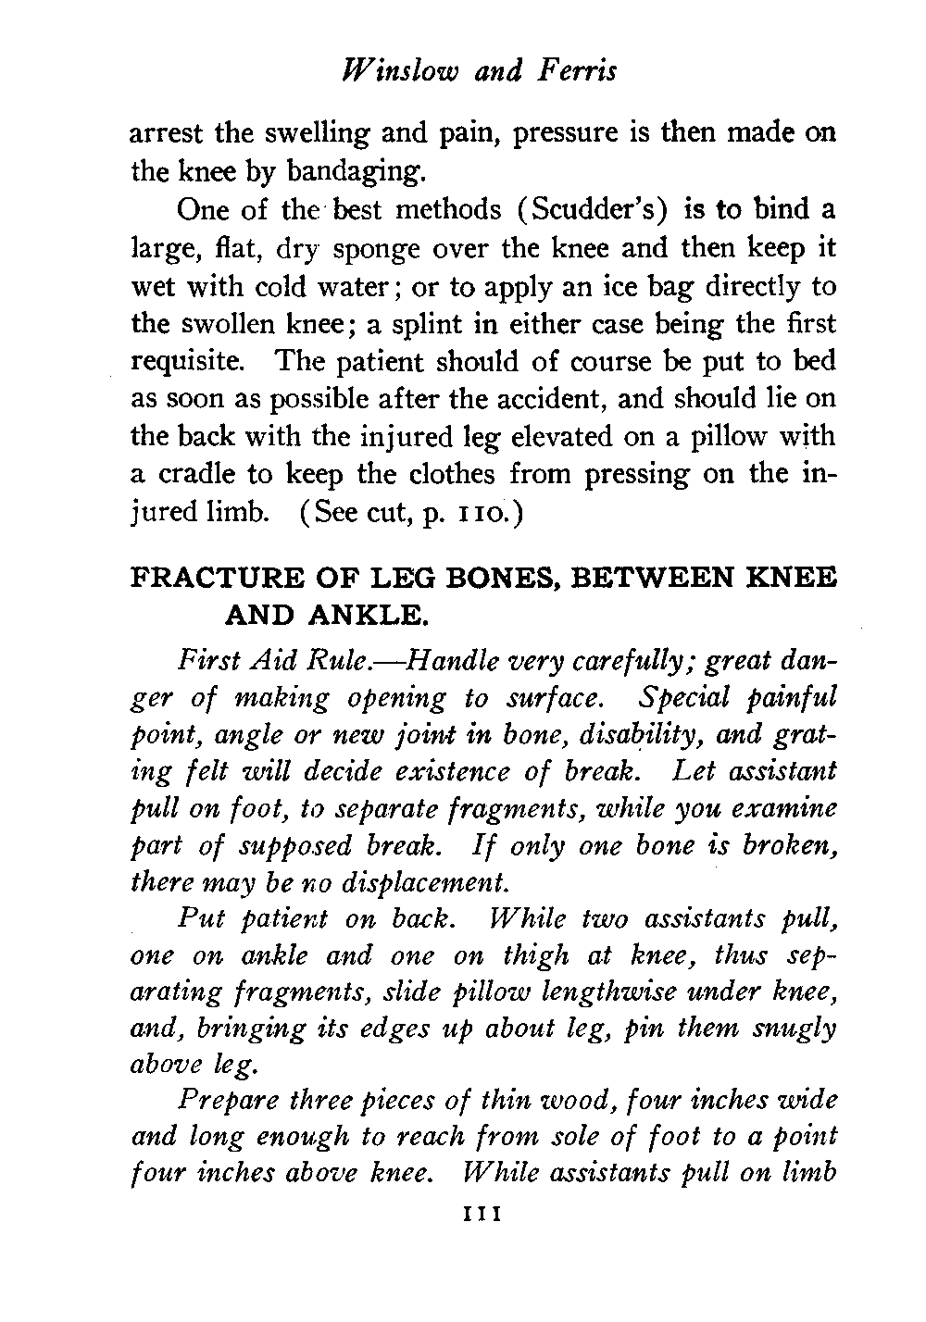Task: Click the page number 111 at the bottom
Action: (x=482, y=1214)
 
